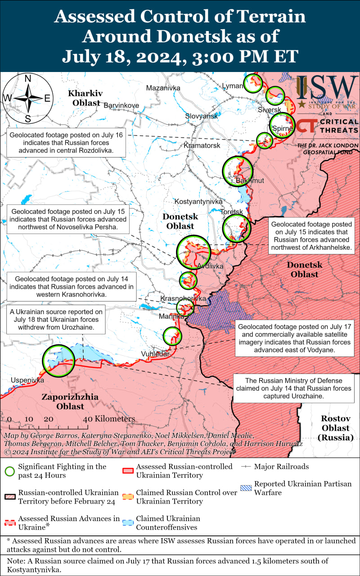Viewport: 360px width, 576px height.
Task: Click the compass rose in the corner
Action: coord(27,98)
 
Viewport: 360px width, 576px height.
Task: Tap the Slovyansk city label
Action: coord(201,116)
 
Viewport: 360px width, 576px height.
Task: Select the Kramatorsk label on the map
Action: coord(202,146)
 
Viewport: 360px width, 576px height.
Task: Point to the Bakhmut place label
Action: coord(250,181)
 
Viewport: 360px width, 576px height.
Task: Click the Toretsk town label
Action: coord(231,211)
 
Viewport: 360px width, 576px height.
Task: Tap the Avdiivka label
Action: coord(210,266)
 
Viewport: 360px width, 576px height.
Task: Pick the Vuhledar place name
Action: coord(155,354)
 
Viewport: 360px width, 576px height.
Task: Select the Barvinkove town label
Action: coord(121,105)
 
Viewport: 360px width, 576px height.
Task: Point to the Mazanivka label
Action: coord(163,88)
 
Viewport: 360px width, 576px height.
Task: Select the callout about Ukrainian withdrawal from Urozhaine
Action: coord(56,319)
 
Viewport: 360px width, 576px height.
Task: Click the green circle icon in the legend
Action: coord(9,471)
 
